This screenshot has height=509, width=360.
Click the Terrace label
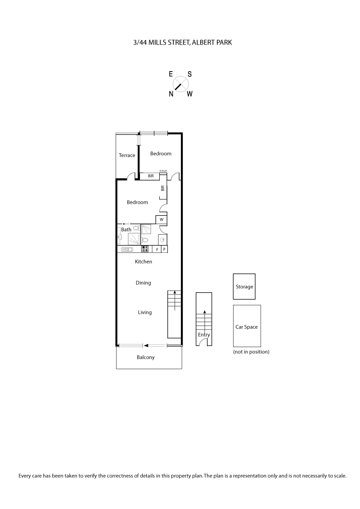coord(127,156)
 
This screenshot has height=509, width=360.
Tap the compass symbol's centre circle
coord(180,84)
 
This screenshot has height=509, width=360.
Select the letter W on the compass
coord(190,94)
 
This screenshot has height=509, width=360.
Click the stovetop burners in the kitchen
coord(145,249)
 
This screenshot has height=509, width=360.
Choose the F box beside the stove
coord(157,249)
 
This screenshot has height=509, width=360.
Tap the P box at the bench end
coord(164,249)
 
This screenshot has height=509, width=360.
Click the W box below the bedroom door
coord(161,219)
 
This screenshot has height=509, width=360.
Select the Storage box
coord(244,286)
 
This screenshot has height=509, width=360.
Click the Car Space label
coord(247,327)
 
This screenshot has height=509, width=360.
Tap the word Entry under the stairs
coord(204,335)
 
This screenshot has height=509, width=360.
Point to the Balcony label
coord(145,357)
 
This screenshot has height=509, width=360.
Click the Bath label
coord(126,230)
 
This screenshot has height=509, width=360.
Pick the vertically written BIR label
coord(162,189)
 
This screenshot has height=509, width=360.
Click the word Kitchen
coord(144,262)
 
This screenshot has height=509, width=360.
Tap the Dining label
coord(144,283)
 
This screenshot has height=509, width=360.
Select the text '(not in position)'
coord(251,352)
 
